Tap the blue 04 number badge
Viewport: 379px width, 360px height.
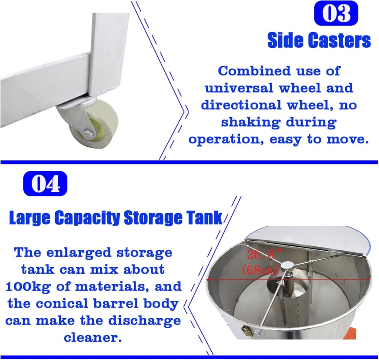coord(45,184)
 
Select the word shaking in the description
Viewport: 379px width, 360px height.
coord(248,123)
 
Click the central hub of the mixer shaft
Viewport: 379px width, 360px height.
coord(287,266)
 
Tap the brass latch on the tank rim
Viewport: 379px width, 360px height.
coord(247,330)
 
